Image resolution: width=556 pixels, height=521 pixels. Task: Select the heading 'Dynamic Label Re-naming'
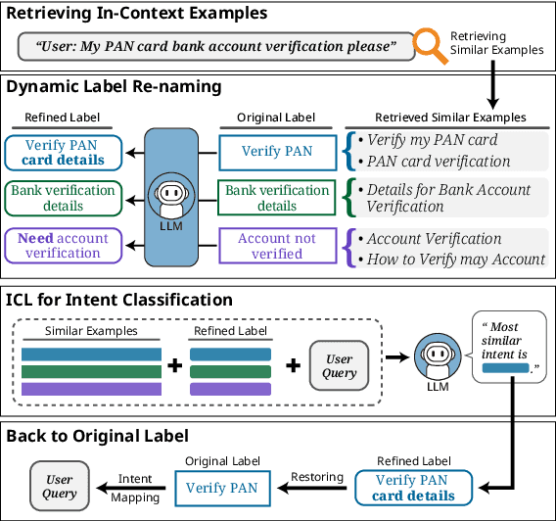[114, 86]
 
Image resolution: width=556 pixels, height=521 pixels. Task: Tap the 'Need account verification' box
[64, 246]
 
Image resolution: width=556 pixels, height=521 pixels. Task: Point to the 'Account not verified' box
[276, 246]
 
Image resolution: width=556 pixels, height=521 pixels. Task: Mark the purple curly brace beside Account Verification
[348, 248]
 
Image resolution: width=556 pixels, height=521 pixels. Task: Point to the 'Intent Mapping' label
[135, 488]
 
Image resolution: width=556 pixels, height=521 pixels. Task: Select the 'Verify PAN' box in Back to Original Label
[222, 488]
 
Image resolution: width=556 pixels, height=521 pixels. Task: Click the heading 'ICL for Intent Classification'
[119, 300]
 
